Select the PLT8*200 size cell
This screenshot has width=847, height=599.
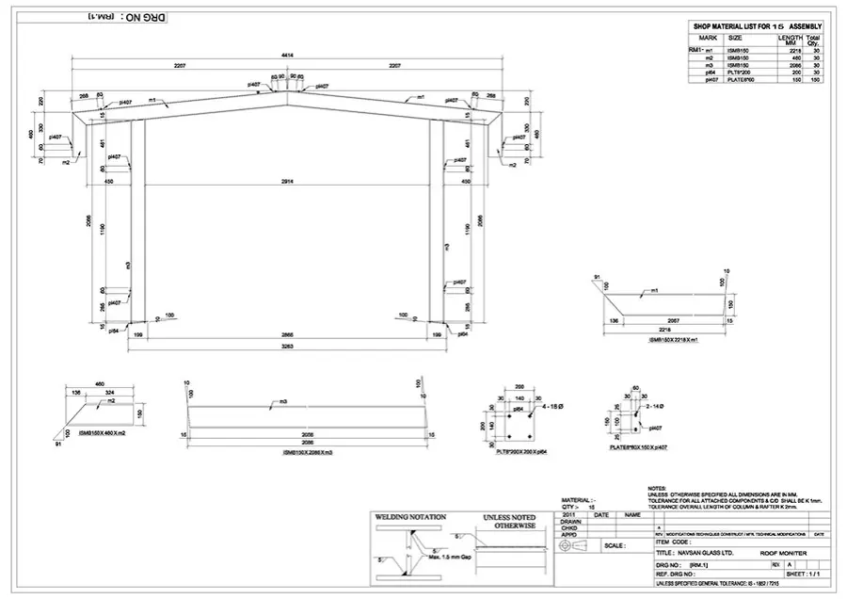pos(739,72)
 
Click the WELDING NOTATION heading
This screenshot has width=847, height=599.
pos(408,518)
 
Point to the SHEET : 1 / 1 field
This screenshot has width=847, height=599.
pos(807,572)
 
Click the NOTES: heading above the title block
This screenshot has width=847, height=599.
pos(657,487)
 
